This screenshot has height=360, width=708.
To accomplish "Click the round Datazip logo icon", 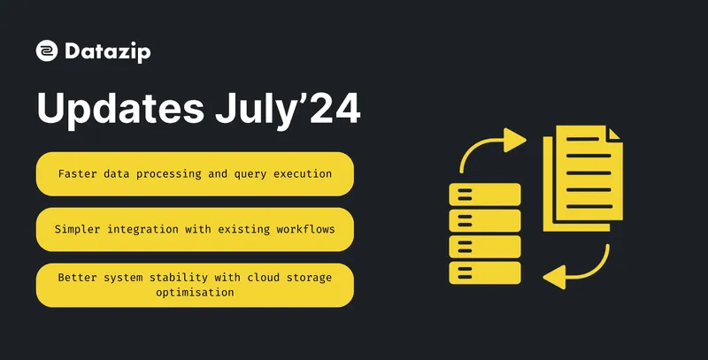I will point(47,51).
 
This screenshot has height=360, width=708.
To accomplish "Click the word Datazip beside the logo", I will point(107,52).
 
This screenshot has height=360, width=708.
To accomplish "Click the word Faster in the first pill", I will point(78,173).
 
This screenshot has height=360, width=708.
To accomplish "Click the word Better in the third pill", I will point(78,277).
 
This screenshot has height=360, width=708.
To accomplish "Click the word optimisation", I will point(195,293).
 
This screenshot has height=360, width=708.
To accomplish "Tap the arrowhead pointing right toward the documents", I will point(514,140).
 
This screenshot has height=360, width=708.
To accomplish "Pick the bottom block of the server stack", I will point(485,272).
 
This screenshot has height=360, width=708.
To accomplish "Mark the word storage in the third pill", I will point(306,277).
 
